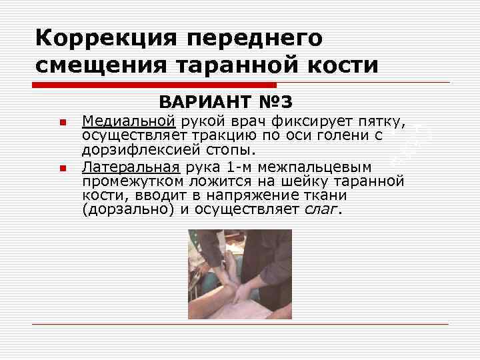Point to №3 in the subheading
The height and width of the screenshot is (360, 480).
tap(274, 103)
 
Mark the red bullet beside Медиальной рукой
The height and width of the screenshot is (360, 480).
tap(61, 123)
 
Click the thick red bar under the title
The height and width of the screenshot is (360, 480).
tap(154, 85)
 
